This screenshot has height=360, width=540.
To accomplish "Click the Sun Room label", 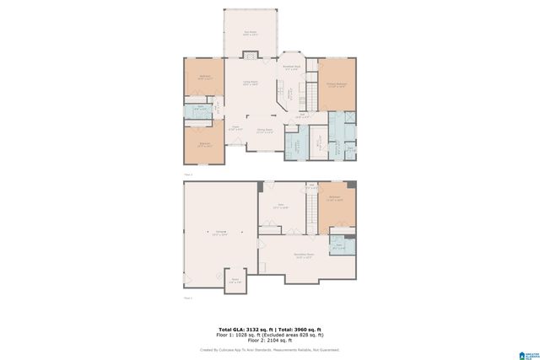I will pyautogui.click(x=250, y=33).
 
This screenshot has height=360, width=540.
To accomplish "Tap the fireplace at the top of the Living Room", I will pyautogui.click(x=250, y=56).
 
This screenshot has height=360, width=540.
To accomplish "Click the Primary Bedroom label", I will pyautogui.click(x=337, y=84).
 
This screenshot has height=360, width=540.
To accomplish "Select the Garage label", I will pyautogui.click(x=219, y=233).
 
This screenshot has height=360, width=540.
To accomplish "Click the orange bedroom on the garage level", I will pyautogui.click(x=335, y=201).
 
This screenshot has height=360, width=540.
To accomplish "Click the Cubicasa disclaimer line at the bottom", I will pyautogui.click(x=269, y=349).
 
